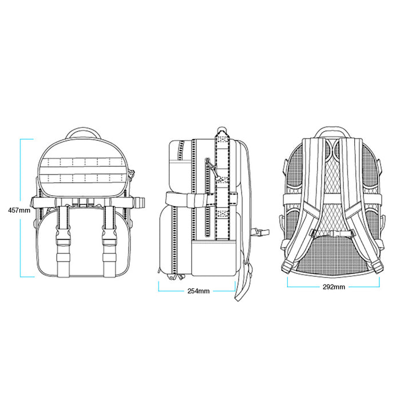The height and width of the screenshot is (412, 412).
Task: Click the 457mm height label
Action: point(19,210)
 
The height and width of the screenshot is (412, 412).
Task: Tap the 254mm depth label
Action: point(199,291)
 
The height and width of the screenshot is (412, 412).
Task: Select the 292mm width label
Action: point(334,287)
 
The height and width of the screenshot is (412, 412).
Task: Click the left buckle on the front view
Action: point(63,238)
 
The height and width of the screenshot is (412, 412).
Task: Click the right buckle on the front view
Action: point(110,238)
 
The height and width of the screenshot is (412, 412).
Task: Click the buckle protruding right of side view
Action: point(260,232)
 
